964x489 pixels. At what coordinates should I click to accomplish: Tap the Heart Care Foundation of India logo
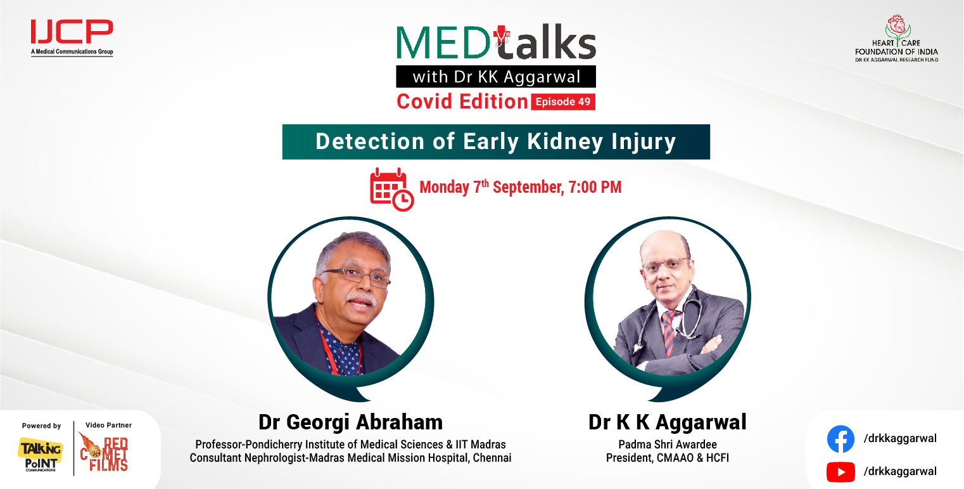point(896,39)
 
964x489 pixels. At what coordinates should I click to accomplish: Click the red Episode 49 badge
point(563,101)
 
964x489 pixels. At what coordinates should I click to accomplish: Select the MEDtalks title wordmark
point(496,43)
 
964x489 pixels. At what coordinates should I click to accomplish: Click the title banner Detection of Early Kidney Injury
point(496,141)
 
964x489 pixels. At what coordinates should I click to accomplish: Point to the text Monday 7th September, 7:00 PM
point(520,187)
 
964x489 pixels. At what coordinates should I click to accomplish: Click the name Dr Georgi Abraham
point(350,422)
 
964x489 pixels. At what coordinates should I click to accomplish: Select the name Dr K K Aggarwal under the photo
point(667,422)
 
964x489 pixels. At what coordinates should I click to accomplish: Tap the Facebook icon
point(840,439)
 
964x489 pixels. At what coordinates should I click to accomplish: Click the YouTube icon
point(840,471)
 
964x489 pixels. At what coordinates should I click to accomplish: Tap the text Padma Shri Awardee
point(667,444)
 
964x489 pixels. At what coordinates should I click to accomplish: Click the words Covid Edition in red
point(462,101)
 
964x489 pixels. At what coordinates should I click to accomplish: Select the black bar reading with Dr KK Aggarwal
point(496,77)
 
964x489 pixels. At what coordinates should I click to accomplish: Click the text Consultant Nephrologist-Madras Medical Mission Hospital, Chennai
point(350,458)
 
